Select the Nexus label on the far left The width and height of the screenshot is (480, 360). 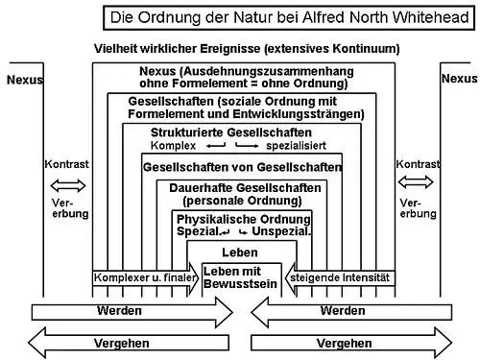click(25, 80)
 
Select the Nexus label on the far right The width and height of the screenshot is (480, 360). click(459, 79)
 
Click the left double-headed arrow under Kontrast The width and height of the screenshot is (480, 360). click(68, 185)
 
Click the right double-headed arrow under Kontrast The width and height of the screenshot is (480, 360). click(416, 182)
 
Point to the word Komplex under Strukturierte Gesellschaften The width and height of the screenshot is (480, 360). click(173, 146)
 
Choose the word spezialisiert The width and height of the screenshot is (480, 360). click(296, 146)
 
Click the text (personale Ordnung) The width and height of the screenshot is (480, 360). click(242, 201)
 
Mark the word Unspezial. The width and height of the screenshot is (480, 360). click(281, 231)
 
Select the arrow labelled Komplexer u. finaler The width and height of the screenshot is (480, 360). click(146, 277)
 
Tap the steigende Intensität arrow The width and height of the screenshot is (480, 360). click(340, 277)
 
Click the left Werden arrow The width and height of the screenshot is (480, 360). click(132, 312)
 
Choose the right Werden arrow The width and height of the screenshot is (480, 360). click(351, 312)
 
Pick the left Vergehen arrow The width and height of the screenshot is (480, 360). click(129, 343)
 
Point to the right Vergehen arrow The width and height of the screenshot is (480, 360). click(351, 343)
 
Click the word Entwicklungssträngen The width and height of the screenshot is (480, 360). click(299, 114)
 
